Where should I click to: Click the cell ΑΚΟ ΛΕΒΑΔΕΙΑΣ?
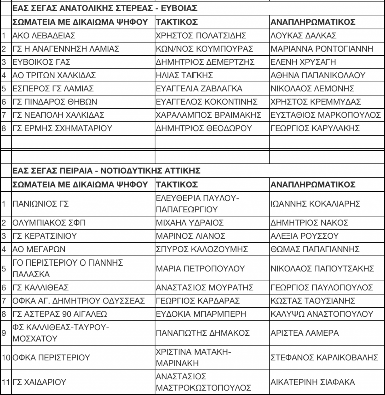coord(44,36)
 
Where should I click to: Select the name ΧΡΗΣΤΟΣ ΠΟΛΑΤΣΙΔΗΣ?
coord(202,36)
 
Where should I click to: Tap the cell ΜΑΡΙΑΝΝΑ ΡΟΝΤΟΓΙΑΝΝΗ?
coord(322,49)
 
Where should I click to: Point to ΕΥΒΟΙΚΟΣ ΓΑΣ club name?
coord(42,62)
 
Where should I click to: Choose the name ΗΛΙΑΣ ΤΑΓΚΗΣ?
coord(184,75)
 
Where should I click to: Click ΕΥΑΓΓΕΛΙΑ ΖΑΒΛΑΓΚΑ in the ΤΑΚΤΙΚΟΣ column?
coord(199,89)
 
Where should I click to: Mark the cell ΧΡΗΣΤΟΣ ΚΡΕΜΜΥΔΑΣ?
coord(315,102)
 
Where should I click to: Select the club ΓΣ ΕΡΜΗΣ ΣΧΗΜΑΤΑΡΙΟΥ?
coord(62,128)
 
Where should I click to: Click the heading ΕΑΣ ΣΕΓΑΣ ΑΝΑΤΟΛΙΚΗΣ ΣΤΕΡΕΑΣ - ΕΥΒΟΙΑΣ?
coord(104,9)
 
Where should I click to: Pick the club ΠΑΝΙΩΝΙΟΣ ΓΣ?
coord(40,204)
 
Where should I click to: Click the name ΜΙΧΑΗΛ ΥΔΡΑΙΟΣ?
coord(189,223)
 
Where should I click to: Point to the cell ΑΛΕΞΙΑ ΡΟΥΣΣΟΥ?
coord(304,236)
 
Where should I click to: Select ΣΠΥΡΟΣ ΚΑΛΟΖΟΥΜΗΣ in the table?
coord(202,249)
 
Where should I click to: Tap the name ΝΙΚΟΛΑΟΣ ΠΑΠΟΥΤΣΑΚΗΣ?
coord(322,269)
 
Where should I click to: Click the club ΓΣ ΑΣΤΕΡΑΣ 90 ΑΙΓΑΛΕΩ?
coord(60,314)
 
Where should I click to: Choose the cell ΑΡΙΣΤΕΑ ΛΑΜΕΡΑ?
coord(304,333)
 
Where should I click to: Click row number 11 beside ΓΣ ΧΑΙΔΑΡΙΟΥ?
coord(6,382)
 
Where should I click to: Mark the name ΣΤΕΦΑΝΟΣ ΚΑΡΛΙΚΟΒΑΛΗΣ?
coord(324,358)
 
